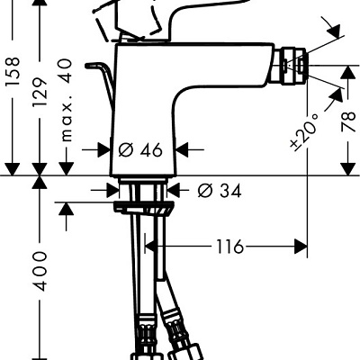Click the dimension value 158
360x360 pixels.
(12, 71)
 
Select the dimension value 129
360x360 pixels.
(40, 92)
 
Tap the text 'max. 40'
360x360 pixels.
(67, 100)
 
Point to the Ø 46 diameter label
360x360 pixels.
(140, 149)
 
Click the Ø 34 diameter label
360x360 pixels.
(220, 190)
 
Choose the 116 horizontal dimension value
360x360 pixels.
(229, 247)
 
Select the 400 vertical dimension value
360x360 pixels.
(40, 271)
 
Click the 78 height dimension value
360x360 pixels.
(348, 122)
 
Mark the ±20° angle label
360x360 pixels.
(304, 131)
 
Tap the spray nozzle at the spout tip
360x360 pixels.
(289, 65)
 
